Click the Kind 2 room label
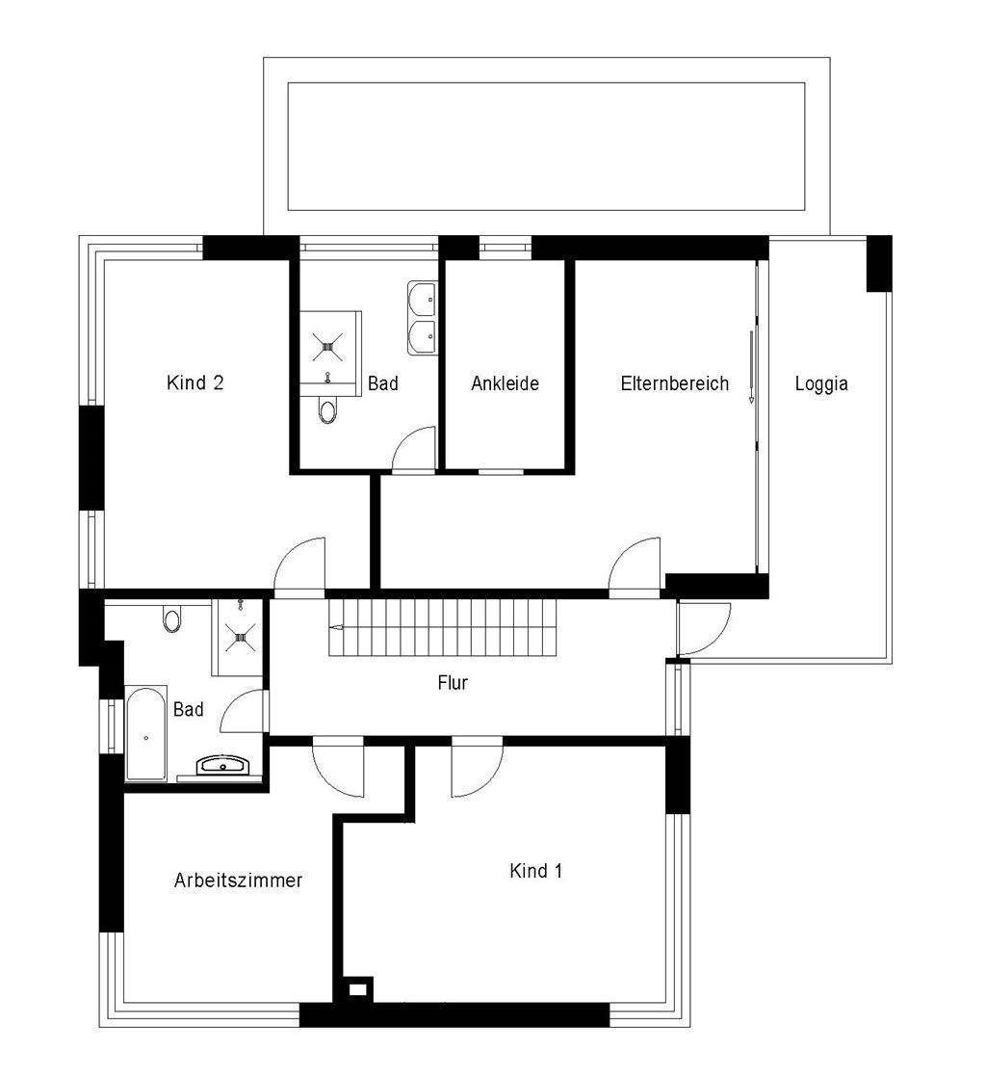pyautogui.click(x=195, y=382)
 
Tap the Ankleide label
pyautogui.click(x=505, y=383)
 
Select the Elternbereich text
pyautogui.click(x=675, y=383)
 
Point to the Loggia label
pyautogui.click(x=821, y=383)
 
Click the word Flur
pyautogui.click(x=453, y=683)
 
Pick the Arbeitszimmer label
pyautogui.click(x=238, y=880)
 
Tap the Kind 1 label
pyautogui.click(x=536, y=870)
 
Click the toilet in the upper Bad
pyautogui.click(x=328, y=411)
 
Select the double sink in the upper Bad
pyautogui.click(x=422, y=318)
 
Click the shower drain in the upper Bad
pyautogui.click(x=327, y=347)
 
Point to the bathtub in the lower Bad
pyautogui.click(x=146, y=733)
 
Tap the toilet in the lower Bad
pyautogui.click(x=171, y=618)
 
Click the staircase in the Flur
pyautogui.click(x=442, y=627)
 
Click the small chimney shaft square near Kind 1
pyautogui.click(x=357, y=990)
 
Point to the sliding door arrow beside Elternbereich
pyautogui.click(x=752, y=367)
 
